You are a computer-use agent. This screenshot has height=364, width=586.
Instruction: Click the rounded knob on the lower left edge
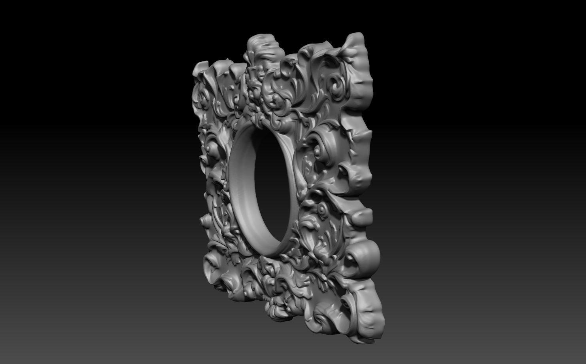(x=206, y=220)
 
